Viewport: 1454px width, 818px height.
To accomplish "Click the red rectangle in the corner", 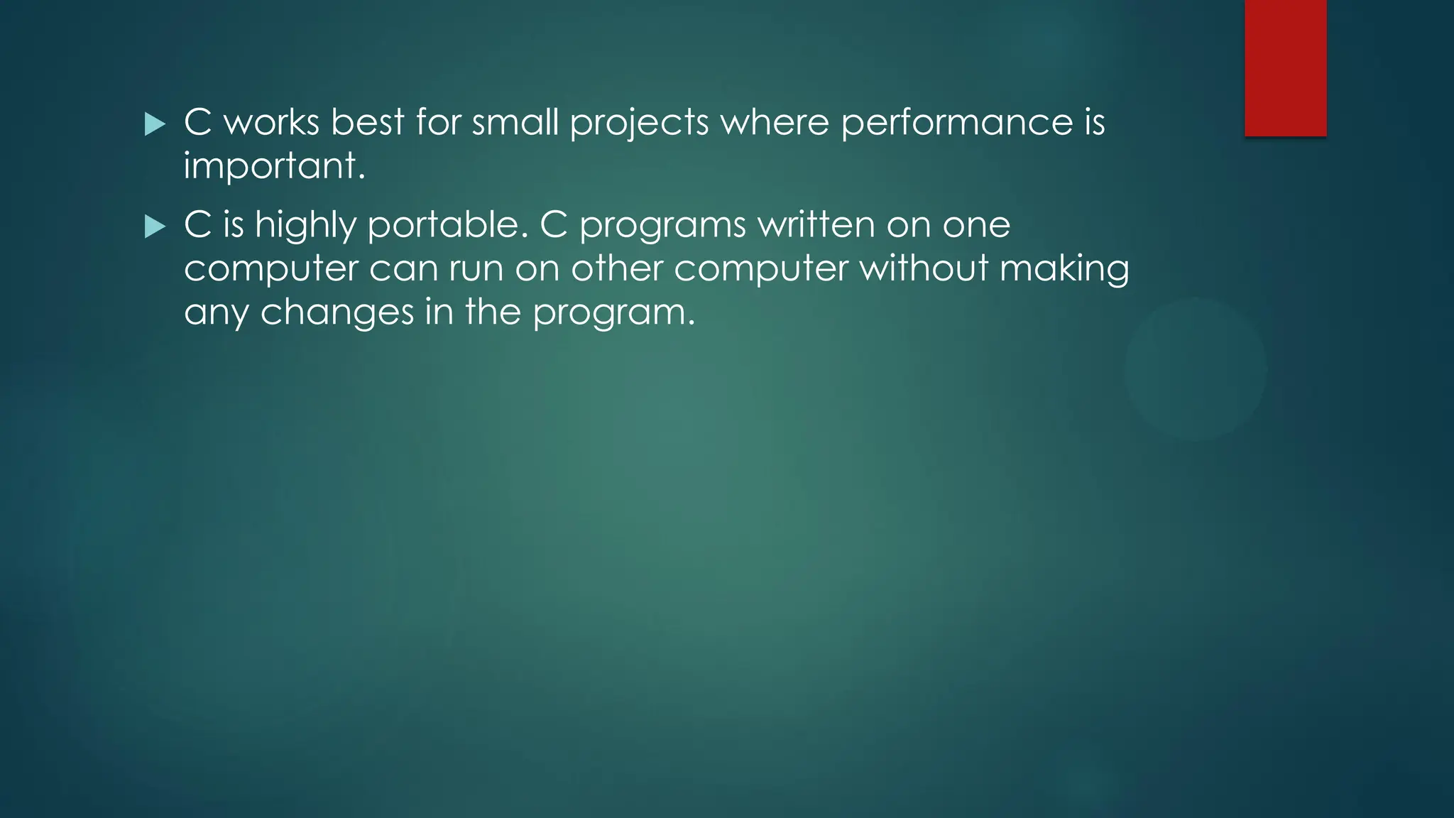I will (1285, 67).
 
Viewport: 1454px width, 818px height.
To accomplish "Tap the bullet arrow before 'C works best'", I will (154, 124).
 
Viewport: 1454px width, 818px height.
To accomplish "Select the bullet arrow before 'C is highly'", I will (154, 227).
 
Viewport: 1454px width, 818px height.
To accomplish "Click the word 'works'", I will (271, 122).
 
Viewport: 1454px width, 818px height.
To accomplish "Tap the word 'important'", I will (274, 168).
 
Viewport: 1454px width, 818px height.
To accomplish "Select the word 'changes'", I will (337, 313).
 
